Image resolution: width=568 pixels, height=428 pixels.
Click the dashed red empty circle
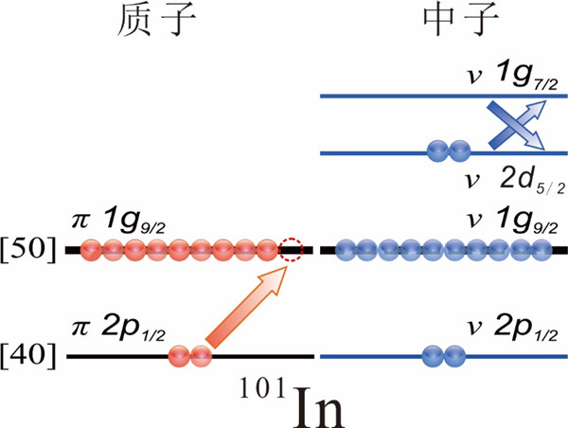(291, 251)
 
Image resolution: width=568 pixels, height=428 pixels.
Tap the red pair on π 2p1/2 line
(189, 357)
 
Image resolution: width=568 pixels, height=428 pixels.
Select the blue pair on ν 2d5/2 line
(448, 150)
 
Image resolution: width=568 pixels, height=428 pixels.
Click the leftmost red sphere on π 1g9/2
(92, 251)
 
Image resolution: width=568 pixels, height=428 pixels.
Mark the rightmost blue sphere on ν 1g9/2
(541, 251)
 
